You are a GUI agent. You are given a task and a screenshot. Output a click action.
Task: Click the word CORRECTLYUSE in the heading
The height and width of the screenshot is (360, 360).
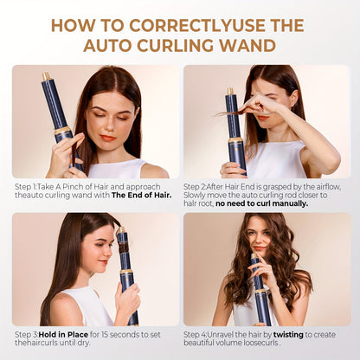coord(172,24)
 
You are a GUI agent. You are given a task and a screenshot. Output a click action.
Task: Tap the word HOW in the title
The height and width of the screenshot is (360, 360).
coord(73,24)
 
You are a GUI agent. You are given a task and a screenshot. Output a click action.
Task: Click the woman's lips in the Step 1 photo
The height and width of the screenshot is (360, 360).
coord(107,137)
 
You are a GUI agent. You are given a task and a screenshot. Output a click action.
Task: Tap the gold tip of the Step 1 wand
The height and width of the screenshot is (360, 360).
coord(47,77)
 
